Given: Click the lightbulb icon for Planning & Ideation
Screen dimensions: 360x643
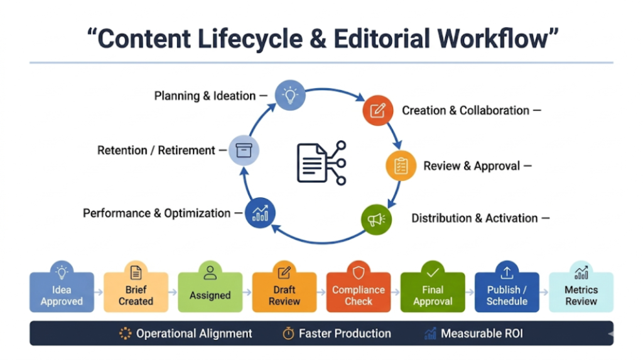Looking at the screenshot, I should pyautogui.click(x=289, y=95).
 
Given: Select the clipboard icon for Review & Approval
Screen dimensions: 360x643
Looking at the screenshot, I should pyautogui.click(x=401, y=166).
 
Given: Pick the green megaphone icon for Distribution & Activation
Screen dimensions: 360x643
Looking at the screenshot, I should pyautogui.click(x=376, y=219).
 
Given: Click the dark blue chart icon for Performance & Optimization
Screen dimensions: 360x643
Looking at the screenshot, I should pyautogui.click(x=260, y=213).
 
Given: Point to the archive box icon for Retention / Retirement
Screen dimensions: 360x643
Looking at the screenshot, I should pyautogui.click(x=243, y=151).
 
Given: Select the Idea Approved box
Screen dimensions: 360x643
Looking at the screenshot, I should pyautogui.click(x=62, y=292).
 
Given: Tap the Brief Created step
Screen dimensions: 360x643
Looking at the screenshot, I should pyautogui.click(x=136, y=292).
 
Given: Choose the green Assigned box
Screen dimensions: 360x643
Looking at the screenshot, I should pyautogui.click(x=210, y=292).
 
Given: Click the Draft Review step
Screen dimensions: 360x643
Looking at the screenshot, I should pyautogui.click(x=284, y=292).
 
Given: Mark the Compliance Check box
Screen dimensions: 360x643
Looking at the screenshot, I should pyautogui.click(x=358, y=292).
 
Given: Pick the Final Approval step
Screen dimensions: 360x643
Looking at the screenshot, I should pyautogui.click(x=433, y=292).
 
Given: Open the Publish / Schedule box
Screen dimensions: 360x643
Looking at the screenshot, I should pyautogui.click(x=507, y=292).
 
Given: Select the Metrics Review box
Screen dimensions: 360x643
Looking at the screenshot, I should pyautogui.click(x=581, y=292).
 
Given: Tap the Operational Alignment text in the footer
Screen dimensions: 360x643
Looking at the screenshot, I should pyautogui.click(x=194, y=334).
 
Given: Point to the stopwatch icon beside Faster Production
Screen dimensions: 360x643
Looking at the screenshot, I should pyautogui.click(x=288, y=334).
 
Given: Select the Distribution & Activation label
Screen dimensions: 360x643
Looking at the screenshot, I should pyautogui.click(x=474, y=218).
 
